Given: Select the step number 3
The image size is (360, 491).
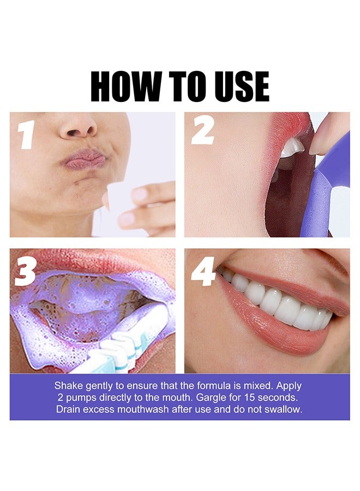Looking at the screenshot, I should (25, 271).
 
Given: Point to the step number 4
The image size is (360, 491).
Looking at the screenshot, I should (203, 271).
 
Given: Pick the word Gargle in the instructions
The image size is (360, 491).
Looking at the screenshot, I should (215, 398).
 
